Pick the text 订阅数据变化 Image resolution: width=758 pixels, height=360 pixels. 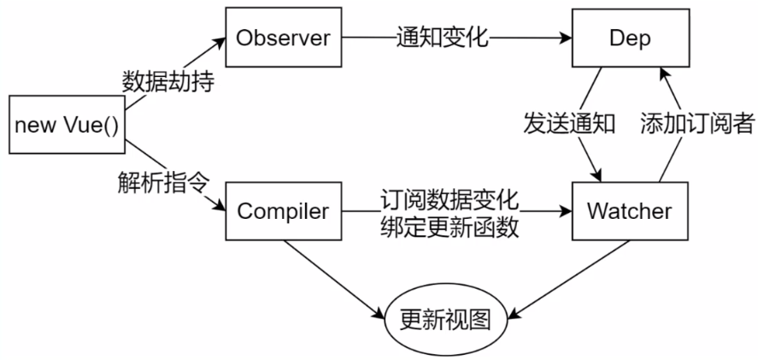coord(450,198)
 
